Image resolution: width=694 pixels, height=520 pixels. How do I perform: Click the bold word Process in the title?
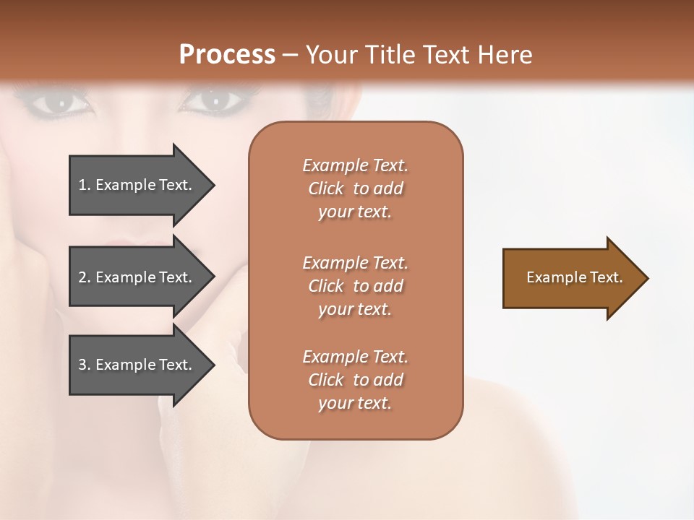coord(227,55)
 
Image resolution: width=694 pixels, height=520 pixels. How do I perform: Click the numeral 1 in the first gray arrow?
coord(82,185)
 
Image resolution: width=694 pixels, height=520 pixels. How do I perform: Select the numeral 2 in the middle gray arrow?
coord(82,277)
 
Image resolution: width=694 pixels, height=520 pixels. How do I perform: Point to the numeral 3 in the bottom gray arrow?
coord(82,365)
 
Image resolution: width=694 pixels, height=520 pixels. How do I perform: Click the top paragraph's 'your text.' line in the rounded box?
coord(355,212)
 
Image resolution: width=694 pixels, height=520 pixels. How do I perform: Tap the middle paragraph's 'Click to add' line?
coord(355,286)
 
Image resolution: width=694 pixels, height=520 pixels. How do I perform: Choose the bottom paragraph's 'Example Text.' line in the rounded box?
coord(355,357)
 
